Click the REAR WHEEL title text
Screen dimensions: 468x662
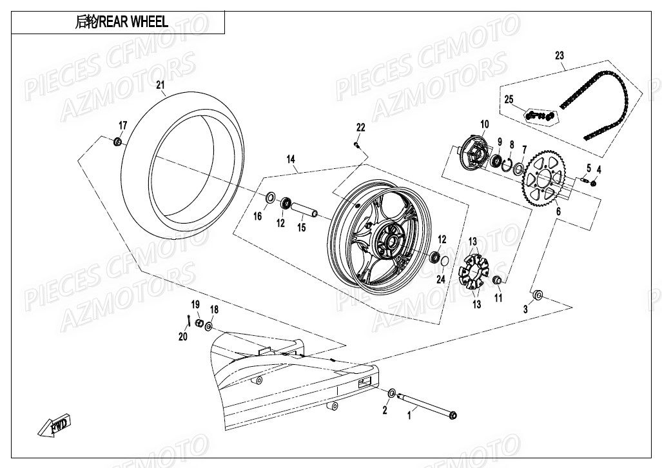pos(122,23)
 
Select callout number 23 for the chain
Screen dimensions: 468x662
pos(559,55)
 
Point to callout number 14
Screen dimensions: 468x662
pos(291,159)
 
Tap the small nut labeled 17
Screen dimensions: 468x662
pos(118,141)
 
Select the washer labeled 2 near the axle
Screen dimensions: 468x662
pos(392,393)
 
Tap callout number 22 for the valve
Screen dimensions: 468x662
pos(360,128)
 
